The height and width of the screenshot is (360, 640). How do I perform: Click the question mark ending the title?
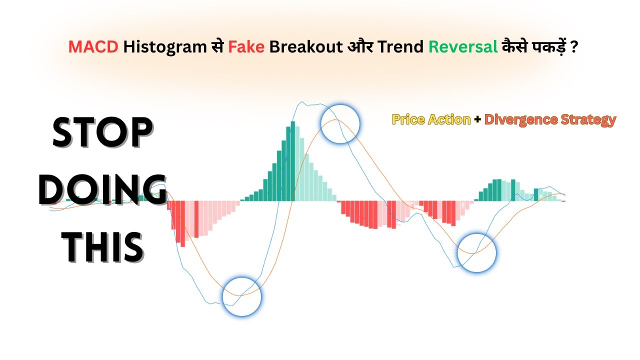[x=574, y=47]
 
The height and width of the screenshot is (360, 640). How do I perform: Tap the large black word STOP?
[x=102, y=133]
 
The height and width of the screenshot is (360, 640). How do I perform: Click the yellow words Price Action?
[x=431, y=120]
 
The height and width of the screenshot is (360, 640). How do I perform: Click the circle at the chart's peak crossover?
[x=340, y=124]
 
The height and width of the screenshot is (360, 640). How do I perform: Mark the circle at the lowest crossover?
[x=241, y=297]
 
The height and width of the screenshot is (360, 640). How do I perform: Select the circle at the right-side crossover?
[x=477, y=252]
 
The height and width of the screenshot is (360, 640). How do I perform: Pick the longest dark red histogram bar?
[x=183, y=223]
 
